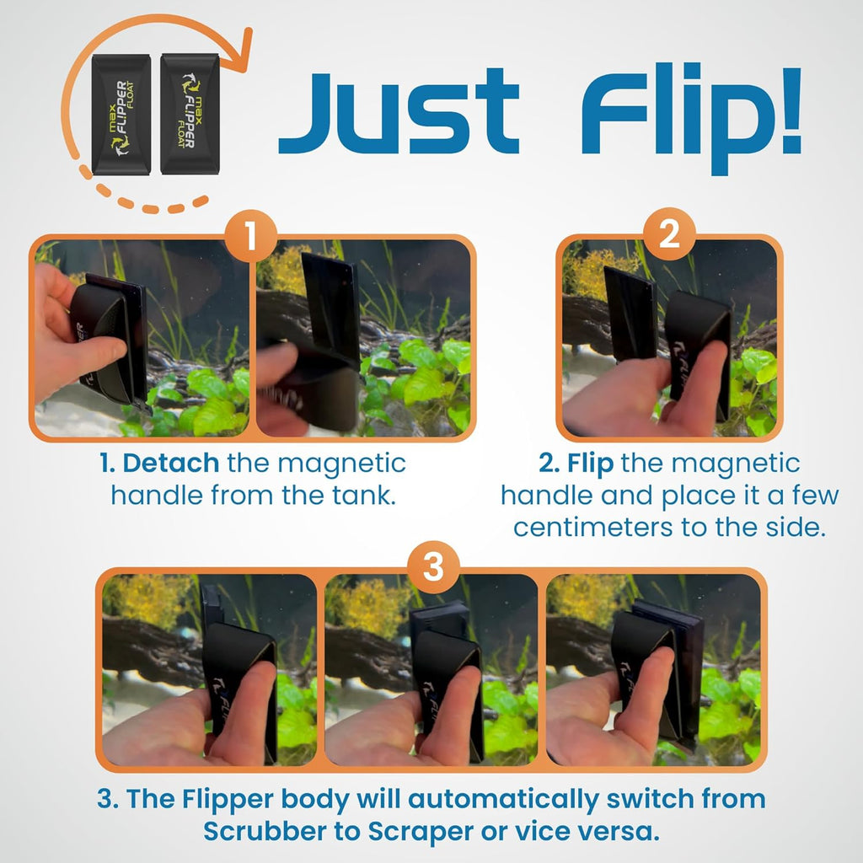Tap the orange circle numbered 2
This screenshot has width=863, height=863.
tap(668, 236)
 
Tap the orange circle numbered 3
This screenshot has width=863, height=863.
tap(432, 569)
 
